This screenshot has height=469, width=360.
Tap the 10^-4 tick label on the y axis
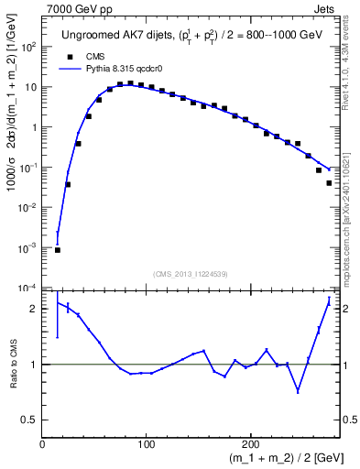point(28,289)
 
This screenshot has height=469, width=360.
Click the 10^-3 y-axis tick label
point(28,248)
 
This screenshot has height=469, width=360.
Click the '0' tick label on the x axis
point(42,445)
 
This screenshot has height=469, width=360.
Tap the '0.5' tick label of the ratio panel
point(31,420)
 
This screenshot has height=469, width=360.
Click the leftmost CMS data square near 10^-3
point(58,249)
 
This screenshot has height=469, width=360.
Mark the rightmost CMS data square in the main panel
point(329,183)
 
